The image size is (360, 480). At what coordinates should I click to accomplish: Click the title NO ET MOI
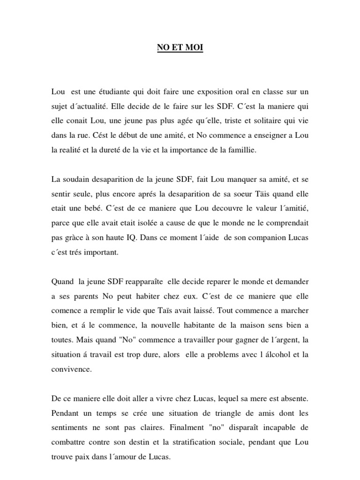click(x=180, y=48)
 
